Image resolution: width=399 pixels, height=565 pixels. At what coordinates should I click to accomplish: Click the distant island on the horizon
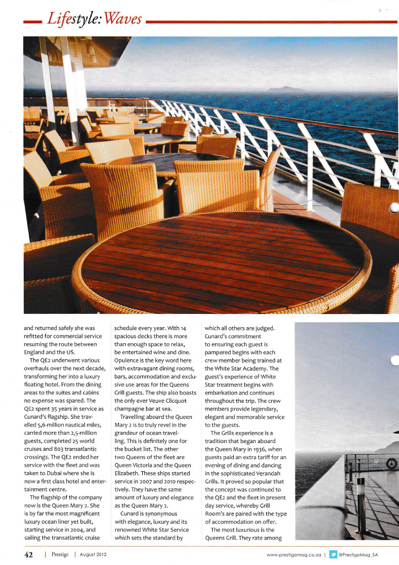point(284,89)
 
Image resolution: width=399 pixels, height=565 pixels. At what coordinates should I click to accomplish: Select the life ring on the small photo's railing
point(390,463)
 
